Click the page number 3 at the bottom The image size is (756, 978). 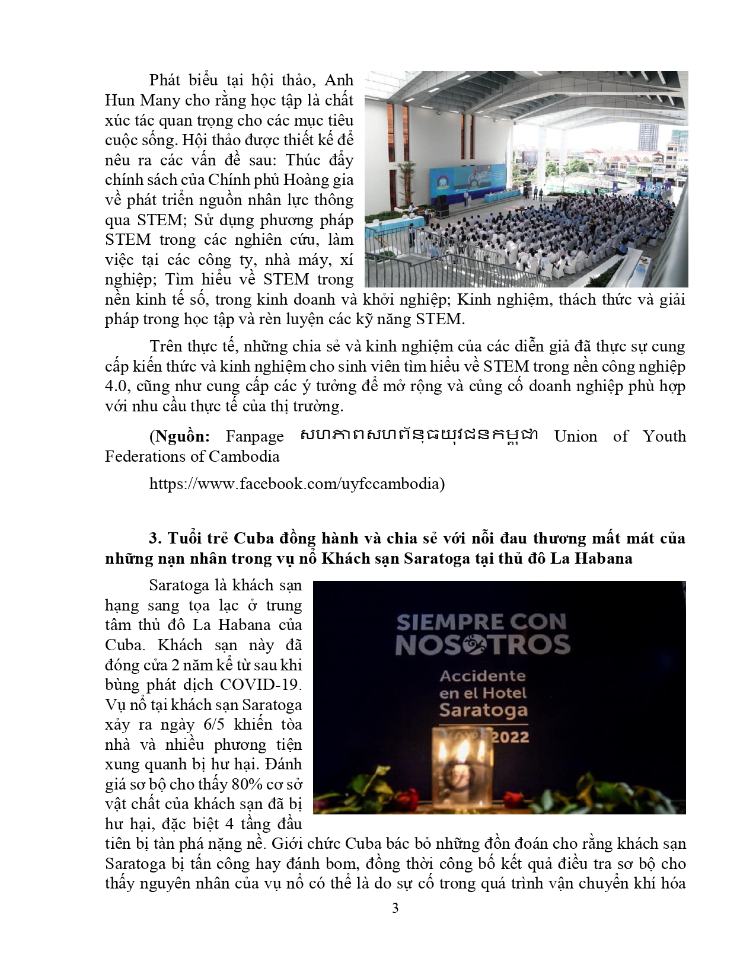click(395, 908)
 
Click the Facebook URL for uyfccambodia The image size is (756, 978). click(296, 484)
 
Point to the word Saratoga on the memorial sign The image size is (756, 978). click(483, 710)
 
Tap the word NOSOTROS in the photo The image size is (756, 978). click(483, 645)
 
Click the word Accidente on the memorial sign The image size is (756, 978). click(482, 676)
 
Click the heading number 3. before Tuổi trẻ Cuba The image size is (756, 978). click(155, 538)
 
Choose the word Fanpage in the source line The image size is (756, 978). click(255, 437)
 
